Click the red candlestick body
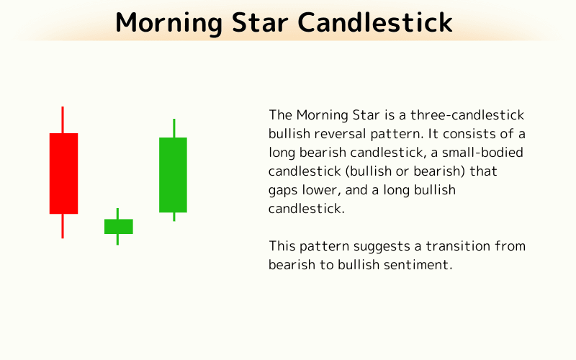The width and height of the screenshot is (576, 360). (63, 174)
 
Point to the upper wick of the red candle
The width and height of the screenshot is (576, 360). (63, 120)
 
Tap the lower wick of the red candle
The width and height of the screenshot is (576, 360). (63, 225)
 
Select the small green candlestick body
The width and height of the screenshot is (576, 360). (118, 226)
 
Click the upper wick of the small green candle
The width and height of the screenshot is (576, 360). (117, 214)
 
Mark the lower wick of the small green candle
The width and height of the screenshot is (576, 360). (117, 239)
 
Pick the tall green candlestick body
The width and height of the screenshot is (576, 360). (173, 175)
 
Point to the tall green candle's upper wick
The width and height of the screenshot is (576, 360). (174, 128)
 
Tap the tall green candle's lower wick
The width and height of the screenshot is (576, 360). (174, 216)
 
